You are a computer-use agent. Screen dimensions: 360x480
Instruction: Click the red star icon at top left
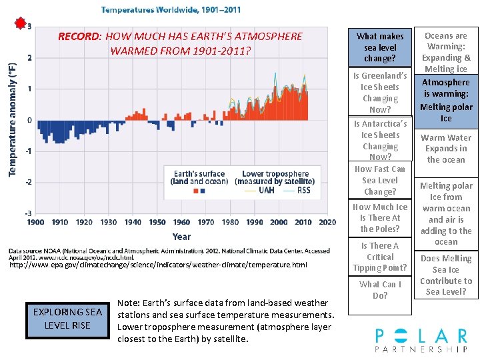click(x=21, y=24)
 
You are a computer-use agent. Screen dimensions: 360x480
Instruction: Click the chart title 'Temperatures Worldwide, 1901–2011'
click(x=171, y=10)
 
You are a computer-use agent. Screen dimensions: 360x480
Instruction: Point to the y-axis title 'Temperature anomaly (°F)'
click(x=13, y=120)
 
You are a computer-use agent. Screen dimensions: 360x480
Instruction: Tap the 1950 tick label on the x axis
click(x=157, y=222)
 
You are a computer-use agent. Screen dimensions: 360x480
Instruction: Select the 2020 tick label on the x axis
click(x=327, y=222)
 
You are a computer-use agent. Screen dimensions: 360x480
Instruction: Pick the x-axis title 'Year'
click(x=181, y=236)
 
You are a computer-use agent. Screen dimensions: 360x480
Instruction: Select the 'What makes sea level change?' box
click(x=380, y=47)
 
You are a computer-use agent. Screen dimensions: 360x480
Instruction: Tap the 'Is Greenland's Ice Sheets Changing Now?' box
click(x=380, y=93)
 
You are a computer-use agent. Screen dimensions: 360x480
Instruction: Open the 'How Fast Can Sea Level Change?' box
click(x=380, y=180)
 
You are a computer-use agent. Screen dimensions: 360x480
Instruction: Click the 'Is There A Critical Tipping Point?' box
click(x=380, y=257)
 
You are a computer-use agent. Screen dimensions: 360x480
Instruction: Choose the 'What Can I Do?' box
click(x=380, y=289)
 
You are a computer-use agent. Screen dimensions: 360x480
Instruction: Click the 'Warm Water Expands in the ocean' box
click(x=446, y=149)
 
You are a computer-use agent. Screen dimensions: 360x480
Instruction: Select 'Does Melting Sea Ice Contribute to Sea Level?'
click(x=446, y=275)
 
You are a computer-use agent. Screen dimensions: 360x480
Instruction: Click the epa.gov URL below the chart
click(x=158, y=265)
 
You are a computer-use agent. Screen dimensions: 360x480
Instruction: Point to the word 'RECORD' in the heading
click(x=79, y=37)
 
